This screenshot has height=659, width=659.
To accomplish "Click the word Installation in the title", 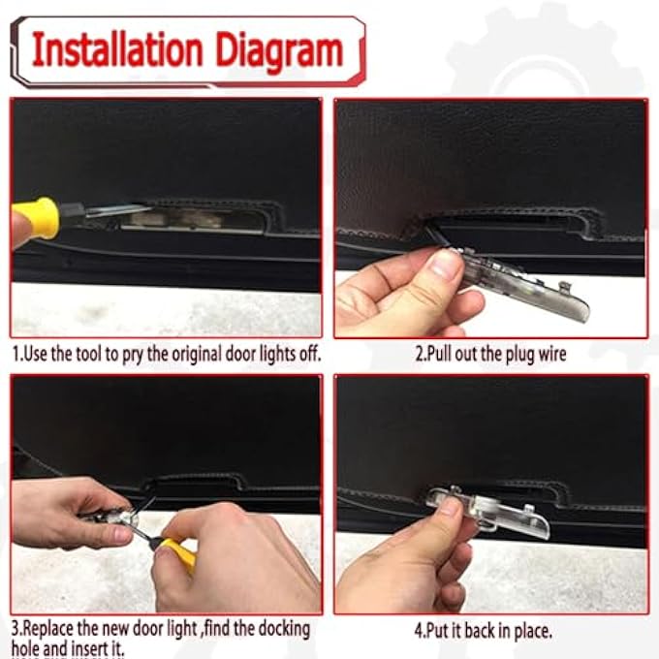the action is (x=117, y=51).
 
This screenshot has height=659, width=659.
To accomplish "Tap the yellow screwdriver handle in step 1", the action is (x=35, y=217).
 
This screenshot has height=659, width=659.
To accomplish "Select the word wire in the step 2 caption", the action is (x=552, y=354).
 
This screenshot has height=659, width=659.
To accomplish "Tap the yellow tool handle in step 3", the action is (x=178, y=554).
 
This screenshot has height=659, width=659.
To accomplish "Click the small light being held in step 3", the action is (x=126, y=518).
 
